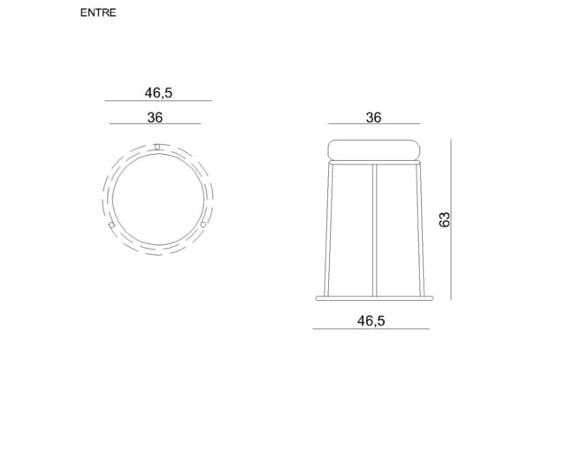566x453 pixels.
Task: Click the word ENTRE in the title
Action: [98, 12]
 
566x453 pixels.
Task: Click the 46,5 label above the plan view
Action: [158, 93]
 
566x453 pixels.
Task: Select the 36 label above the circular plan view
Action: [155, 118]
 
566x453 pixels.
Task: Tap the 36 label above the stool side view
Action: [373, 118]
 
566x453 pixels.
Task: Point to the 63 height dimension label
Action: [444, 219]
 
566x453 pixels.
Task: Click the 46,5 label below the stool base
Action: [371, 320]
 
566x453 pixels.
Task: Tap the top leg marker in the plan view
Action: [157, 147]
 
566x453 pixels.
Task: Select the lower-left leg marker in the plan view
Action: [111, 225]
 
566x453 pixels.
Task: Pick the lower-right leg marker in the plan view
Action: [203, 225]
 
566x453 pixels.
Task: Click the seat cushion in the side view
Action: [374, 150]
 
